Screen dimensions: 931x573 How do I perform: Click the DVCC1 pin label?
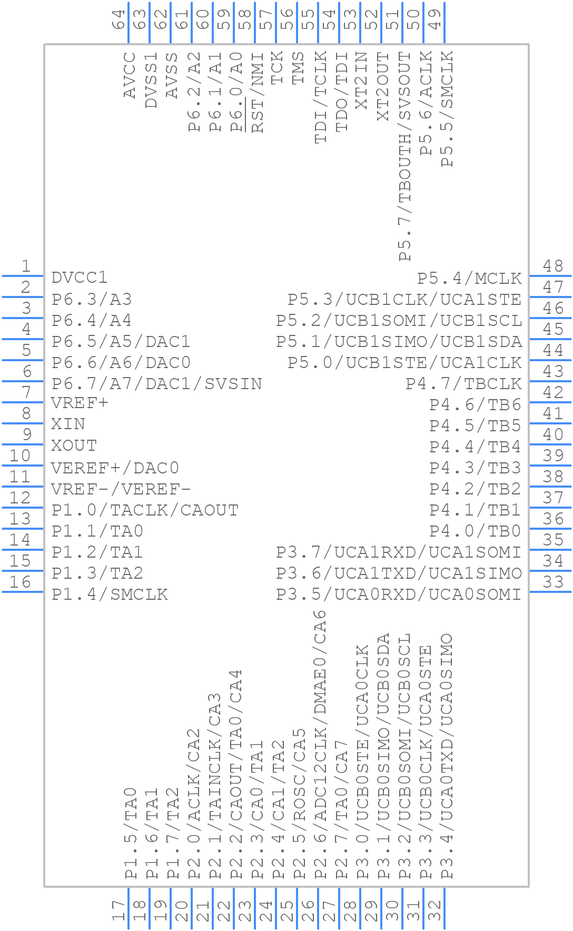[x=80, y=278]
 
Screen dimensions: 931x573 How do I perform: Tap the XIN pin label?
[x=68, y=424]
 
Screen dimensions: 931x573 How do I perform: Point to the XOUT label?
[x=74, y=445]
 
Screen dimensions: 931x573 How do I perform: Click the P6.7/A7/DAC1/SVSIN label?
[x=156, y=384]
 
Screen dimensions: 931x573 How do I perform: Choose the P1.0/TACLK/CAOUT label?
[x=145, y=510]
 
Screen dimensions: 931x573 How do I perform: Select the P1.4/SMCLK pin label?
[x=110, y=595]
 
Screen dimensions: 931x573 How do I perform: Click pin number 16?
[x=21, y=582]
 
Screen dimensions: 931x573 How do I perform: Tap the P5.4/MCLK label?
[x=469, y=278]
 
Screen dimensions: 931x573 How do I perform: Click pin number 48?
[x=553, y=266]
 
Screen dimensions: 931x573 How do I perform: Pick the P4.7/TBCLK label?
[x=463, y=384]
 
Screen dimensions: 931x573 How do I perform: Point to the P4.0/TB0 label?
[x=475, y=531]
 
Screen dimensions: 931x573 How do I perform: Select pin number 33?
[x=553, y=582]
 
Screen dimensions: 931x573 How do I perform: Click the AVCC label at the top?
[x=130, y=75]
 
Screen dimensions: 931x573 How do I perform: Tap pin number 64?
[x=120, y=19]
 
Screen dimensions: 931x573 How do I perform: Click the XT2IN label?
[x=361, y=81]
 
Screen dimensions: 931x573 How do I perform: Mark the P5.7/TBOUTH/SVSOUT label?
[x=404, y=156]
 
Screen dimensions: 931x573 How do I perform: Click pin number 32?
[x=436, y=910]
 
